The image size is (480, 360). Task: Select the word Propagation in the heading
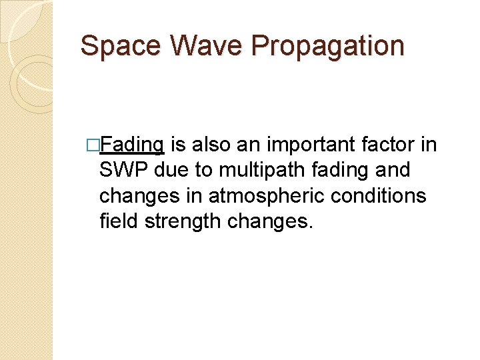[328, 46]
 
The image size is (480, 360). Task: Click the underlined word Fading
[134, 145]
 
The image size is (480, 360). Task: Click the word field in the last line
[117, 221]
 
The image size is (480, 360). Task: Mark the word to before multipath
[202, 171]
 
